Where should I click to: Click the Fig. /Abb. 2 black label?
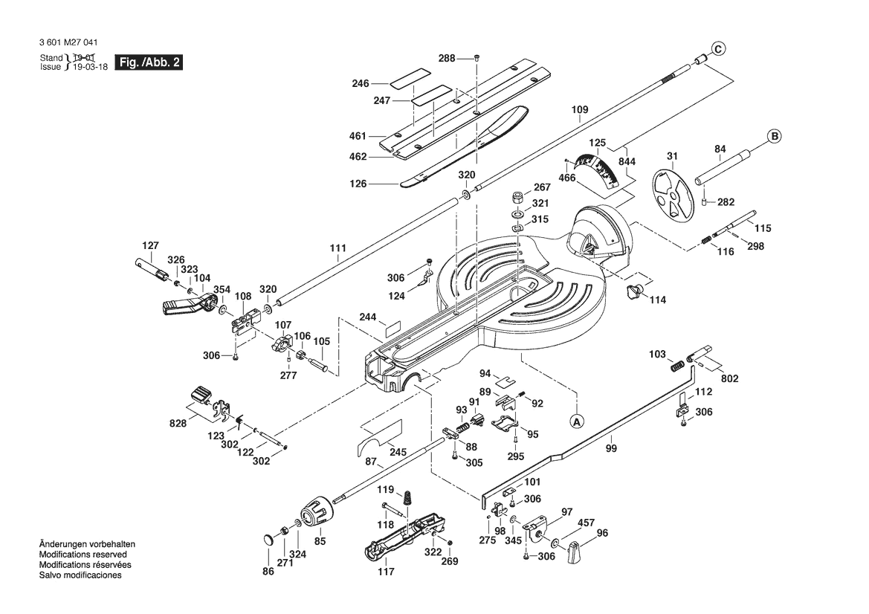(149, 62)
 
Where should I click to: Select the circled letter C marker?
(717, 50)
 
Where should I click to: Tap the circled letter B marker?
(774, 136)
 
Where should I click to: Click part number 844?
(627, 162)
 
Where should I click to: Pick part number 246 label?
(361, 84)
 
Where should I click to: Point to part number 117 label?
(386, 572)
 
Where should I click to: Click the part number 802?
(730, 379)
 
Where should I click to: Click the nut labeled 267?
(517, 198)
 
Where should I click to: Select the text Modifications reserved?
(83, 555)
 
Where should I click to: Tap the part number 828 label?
(178, 424)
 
